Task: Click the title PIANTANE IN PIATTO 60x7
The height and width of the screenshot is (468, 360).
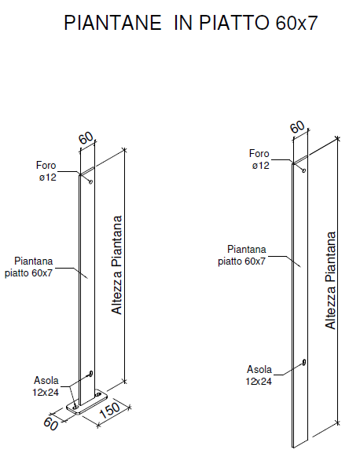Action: click(x=190, y=23)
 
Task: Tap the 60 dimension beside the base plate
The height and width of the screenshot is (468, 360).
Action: click(x=50, y=424)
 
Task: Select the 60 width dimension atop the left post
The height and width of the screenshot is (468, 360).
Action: click(x=86, y=138)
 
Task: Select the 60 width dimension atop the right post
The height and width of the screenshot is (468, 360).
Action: click(x=298, y=127)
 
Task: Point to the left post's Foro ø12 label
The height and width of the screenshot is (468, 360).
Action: click(x=46, y=171)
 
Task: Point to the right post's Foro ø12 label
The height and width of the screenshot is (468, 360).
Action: click(x=259, y=159)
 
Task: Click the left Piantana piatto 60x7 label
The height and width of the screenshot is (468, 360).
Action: click(x=29, y=267)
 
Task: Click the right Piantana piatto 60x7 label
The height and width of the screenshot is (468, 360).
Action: click(x=242, y=255)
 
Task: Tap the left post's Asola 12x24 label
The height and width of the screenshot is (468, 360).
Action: click(x=46, y=386)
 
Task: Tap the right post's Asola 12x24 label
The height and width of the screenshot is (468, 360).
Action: click(x=259, y=375)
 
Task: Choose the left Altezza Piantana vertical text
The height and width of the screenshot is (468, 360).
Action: click(x=117, y=265)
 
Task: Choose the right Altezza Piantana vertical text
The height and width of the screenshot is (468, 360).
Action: click(x=330, y=280)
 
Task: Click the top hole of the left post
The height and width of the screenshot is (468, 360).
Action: click(x=91, y=181)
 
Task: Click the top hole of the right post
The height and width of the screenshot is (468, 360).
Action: click(x=304, y=170)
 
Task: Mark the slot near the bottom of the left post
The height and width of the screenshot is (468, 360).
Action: click(x=90, y=373)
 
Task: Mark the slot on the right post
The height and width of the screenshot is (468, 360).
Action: click(x=304, y=362)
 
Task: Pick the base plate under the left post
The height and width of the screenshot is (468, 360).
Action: click(x=87, y=402)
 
